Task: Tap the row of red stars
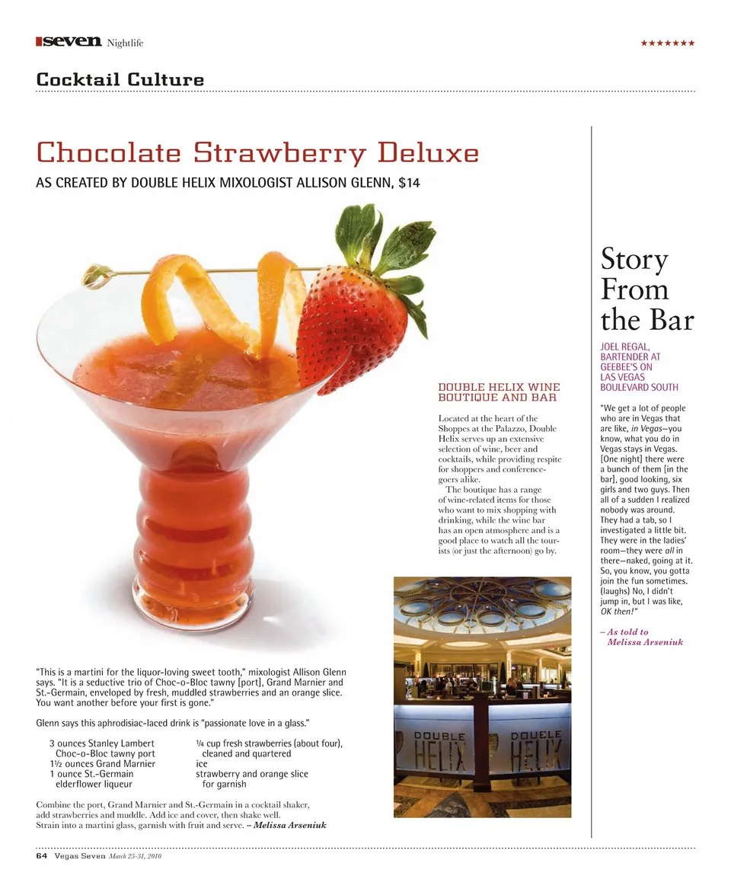(667, 43)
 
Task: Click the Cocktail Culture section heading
(120, 79)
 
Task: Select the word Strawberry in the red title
(280, 153)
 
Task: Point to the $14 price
(409, 184)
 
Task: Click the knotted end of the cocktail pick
(95, 275)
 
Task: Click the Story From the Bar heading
(646, 289)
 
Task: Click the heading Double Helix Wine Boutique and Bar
(499, 392)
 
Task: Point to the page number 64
(42, 855)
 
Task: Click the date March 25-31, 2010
(136, 856)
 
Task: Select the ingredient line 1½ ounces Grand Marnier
(102, 763)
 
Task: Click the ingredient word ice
(202, 763)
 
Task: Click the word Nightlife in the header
(125, 43)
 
